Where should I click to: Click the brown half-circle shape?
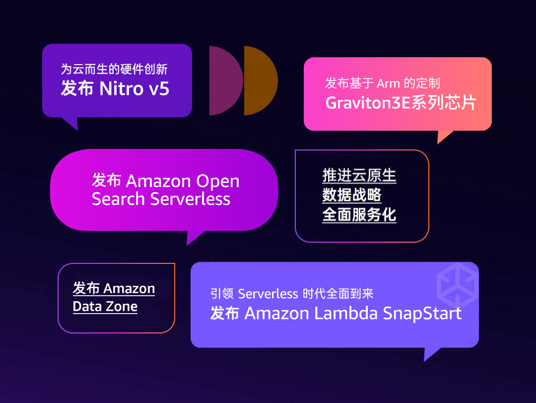[x=259, y=81]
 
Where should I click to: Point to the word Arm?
[x=388, y=83]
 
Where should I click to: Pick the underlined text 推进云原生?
[x=359, y=175]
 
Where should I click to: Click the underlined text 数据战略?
[x=352, y=195]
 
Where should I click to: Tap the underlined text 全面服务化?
[x=359, y=215]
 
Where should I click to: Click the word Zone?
[x=122, y=306]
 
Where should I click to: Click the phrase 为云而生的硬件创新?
[x=118, y=69]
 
